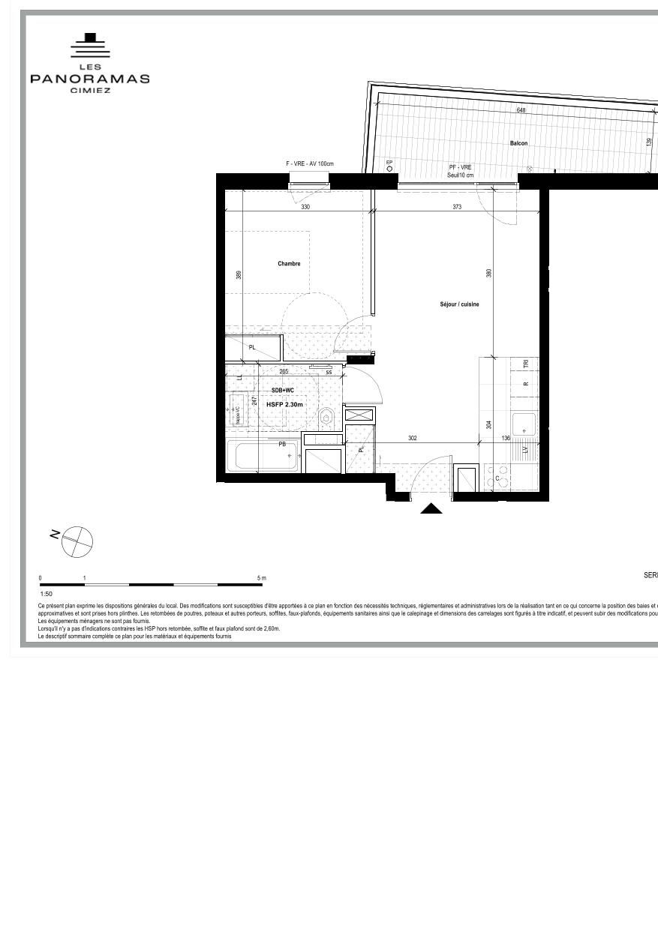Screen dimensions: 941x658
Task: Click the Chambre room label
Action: coord(289,264)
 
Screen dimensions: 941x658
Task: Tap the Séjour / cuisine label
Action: coord(459,304)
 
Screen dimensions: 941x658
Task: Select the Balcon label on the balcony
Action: coord(518,143)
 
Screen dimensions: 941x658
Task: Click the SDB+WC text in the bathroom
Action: coord(283,391)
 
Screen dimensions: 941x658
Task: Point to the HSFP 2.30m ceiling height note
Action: coord(285,404)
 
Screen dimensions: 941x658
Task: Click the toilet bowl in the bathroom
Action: coord(326,416)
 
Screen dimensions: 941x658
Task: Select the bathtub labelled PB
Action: coord(264,456)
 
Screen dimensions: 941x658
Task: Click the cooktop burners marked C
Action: coord(497,478)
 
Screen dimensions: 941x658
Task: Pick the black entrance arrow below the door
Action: coord(431,508)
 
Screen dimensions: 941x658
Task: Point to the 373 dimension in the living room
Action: coord(457,207)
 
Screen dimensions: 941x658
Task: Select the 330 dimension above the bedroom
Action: coord(305,207)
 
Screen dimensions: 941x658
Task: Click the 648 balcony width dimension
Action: coord(521,110)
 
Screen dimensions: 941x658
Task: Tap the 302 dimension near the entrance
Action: coord(412,439)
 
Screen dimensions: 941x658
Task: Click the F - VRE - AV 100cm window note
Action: coord(309,164)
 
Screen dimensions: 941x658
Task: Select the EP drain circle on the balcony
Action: coord(389,169)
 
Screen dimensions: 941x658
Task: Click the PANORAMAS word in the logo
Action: coord(90,79)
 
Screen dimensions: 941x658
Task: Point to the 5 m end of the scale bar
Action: coord(261,578)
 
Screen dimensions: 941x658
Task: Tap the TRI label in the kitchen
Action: coord(526,364)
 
